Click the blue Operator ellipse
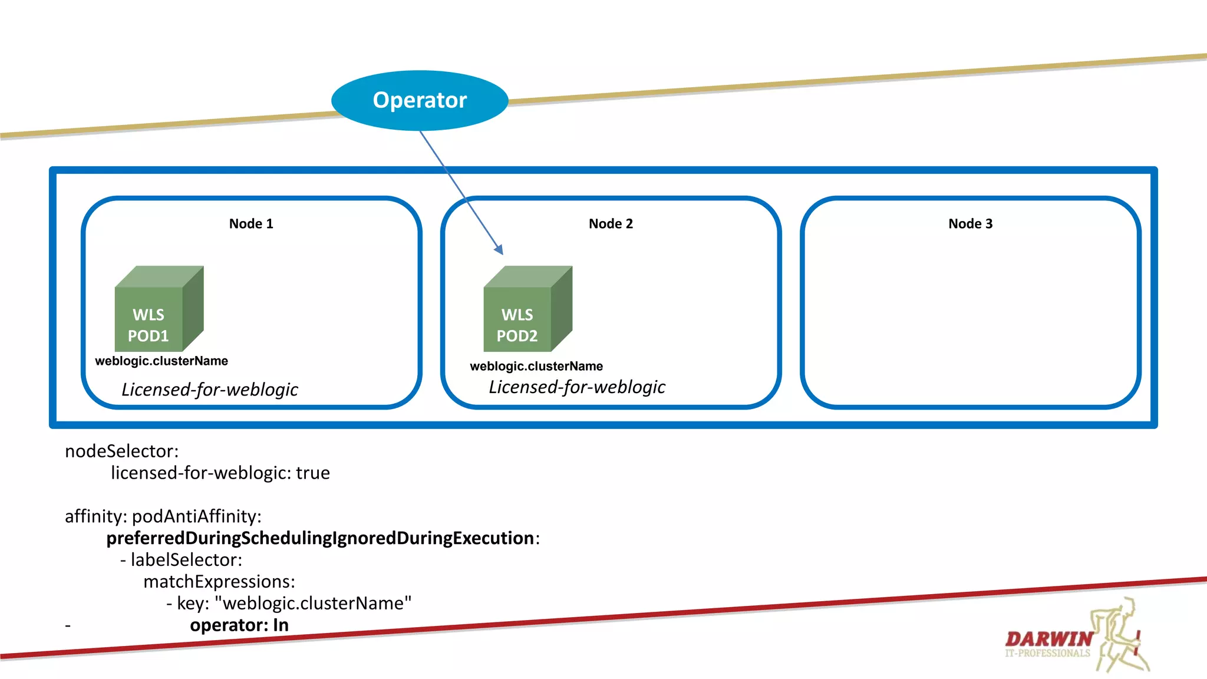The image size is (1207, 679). coord(420,100)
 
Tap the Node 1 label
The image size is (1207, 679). coord(251,224)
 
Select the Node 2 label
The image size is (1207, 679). coord(611,224)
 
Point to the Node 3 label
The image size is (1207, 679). coord(970,224)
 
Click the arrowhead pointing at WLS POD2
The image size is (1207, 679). coord(499,250)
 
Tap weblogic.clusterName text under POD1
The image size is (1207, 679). coord(161,361)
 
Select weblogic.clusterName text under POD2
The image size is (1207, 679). coord(536,366)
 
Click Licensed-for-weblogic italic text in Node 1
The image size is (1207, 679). coord(209,390)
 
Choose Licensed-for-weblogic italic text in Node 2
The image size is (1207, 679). coord(576,387)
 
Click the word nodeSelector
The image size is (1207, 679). coord(121,451)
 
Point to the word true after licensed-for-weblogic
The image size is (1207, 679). coord(313,473)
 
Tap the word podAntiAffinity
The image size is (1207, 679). coord(196,517)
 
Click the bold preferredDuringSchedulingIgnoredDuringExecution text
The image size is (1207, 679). coord(320,538)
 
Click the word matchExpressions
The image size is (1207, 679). coord(218,582)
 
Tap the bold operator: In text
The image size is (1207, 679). coord(239,625)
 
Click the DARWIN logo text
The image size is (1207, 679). coord(1048,639)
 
